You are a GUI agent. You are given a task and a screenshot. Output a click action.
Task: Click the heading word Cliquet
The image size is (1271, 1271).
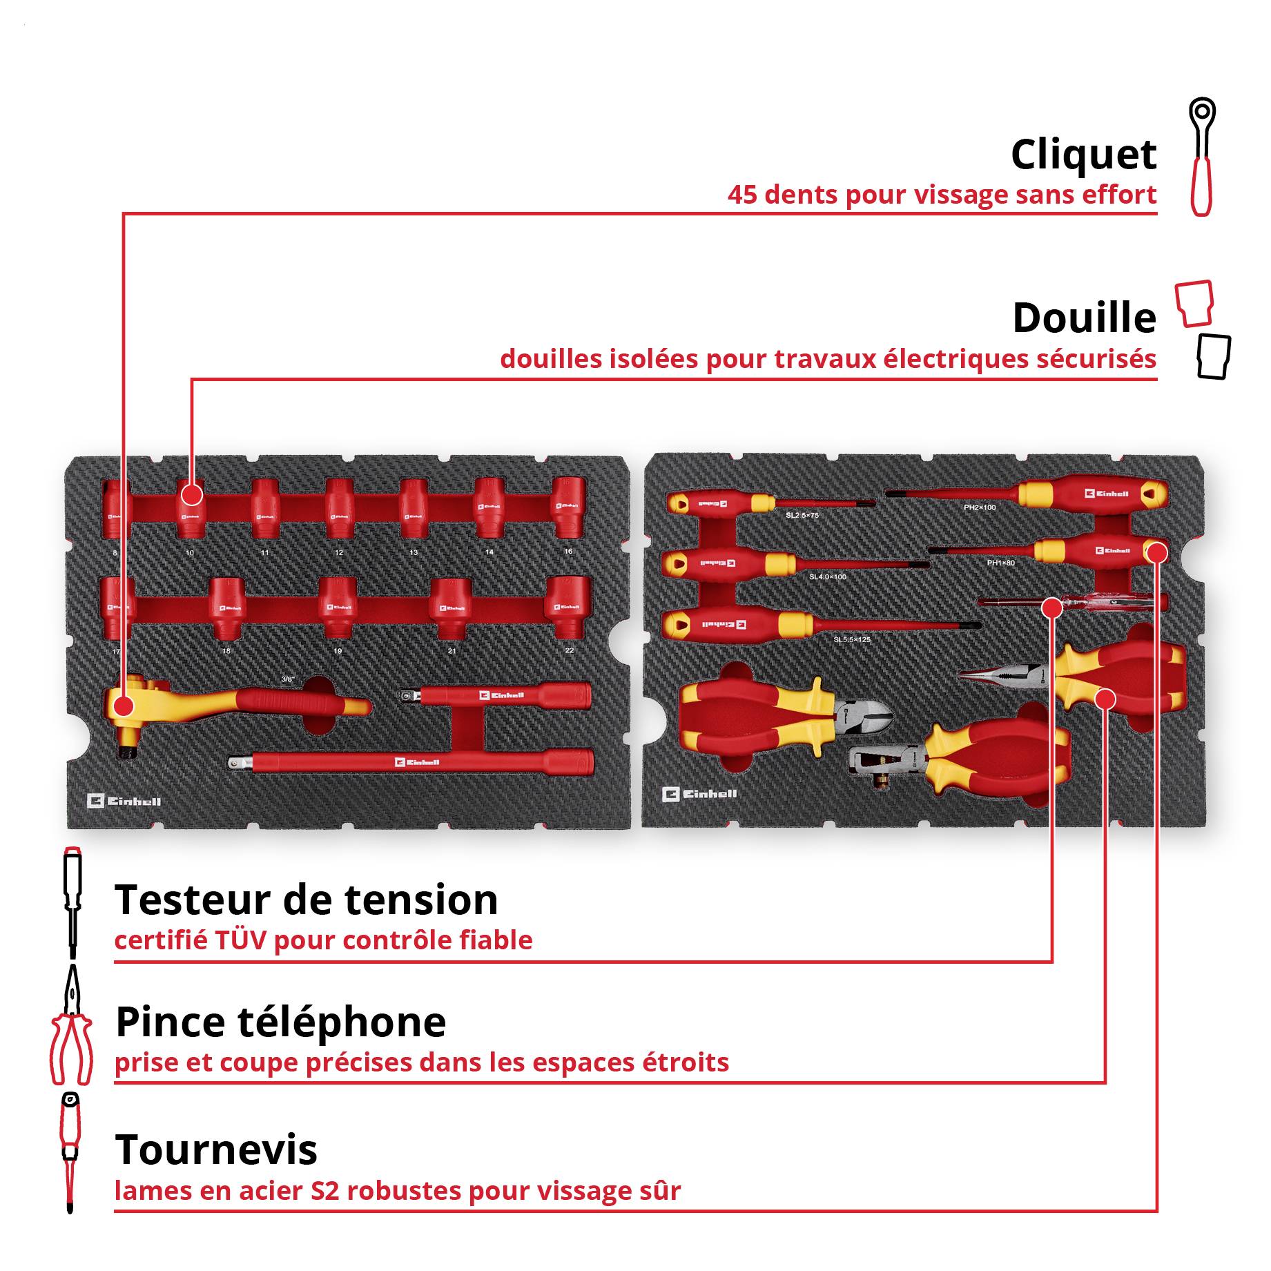[x=1083, y=155]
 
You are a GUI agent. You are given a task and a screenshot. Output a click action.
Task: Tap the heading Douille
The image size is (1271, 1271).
[x=1084, y=318]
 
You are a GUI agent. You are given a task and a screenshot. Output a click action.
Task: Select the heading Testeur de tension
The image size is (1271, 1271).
[x=306, y=900]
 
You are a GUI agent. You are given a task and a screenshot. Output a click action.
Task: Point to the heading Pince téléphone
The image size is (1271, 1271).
[x=280, y=1022]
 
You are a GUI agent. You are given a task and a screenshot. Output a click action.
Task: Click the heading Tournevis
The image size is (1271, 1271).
[x=216, y=1150]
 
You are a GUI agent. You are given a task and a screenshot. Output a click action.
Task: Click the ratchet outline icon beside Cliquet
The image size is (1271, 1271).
[x=1202, y=157]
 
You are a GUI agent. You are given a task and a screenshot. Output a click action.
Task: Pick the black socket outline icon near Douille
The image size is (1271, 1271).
[x=1214, y=357]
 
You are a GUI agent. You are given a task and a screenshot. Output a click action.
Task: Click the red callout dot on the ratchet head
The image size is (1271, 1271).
[x=124, y=706]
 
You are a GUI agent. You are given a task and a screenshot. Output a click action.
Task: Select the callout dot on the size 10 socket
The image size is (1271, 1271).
[x=191, y=494]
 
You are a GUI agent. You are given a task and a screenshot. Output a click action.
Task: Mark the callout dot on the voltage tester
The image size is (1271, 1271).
[x=1051, y=608]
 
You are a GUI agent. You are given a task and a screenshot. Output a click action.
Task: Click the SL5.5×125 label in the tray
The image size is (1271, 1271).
[x=851, y=640]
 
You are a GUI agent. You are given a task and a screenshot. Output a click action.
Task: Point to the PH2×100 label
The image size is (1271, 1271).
[x=980, y=507]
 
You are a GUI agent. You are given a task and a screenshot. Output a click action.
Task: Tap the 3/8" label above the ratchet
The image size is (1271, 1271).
[x=288, y=679]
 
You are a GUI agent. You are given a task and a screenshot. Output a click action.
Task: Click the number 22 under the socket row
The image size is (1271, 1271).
[x=569, y=650]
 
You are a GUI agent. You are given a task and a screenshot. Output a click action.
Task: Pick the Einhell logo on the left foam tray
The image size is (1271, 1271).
[x=124, y=801]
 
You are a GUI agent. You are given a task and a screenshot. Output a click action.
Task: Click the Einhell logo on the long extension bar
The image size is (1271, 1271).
[x=417, y=762]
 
